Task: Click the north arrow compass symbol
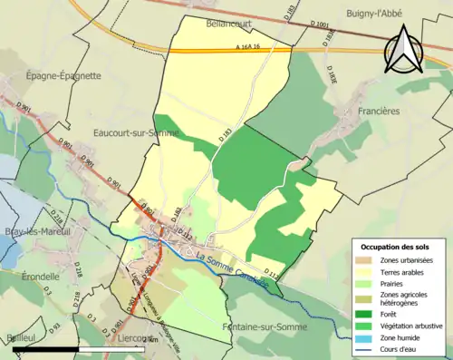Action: pyautogui.click(x=403, y=49)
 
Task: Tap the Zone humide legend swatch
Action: pyautogui.click(x=365, y=335)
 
